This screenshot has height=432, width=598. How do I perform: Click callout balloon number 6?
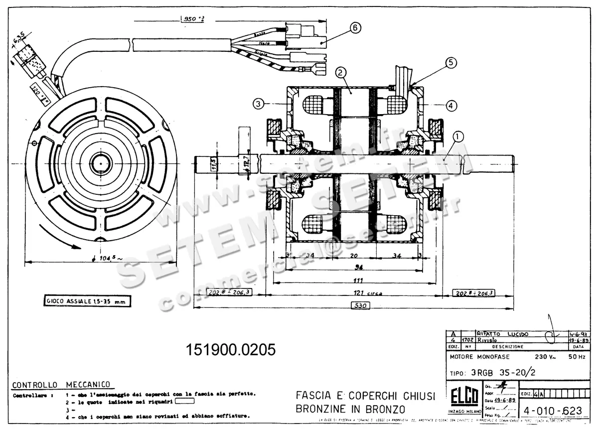click(355, 28)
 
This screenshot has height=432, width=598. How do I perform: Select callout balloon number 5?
click(450, 62)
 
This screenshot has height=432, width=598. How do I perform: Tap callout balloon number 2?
click(340, 73)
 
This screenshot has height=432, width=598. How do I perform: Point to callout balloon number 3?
click(258, 104)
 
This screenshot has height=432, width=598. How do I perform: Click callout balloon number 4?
click(450, 105)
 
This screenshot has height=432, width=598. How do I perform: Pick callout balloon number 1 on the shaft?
click(458, 135)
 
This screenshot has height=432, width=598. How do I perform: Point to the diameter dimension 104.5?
click(105, 259)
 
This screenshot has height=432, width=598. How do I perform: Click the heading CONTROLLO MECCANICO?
click(61, 385)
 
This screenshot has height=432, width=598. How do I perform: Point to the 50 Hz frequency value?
click(577, 357)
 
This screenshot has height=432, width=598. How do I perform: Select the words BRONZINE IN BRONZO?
click(350, 410)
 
